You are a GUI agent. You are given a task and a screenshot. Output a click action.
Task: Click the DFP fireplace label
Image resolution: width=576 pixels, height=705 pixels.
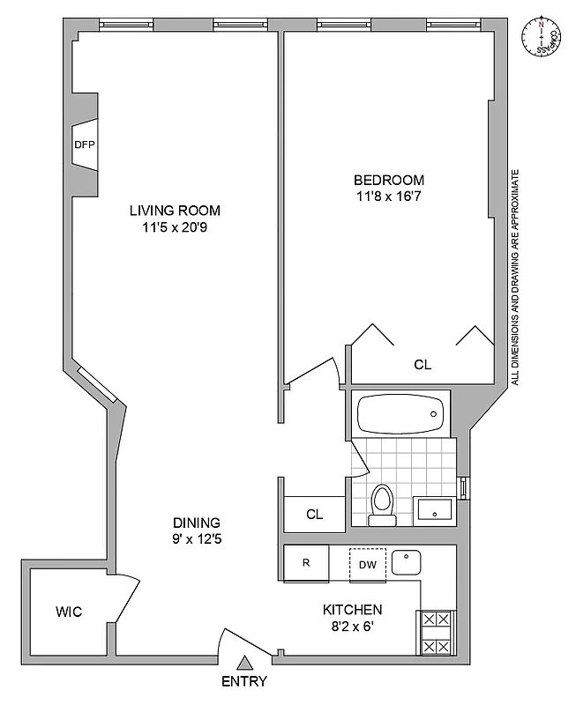click(84, 145)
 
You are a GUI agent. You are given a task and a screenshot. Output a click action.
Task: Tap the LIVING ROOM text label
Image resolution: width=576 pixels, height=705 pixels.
click(175, 211)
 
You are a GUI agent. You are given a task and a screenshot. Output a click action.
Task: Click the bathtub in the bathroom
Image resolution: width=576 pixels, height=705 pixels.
click(401, 413)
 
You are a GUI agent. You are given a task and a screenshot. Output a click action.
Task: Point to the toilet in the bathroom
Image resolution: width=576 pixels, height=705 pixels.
click(382, 505)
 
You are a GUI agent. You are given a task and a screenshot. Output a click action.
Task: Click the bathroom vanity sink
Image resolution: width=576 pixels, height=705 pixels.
click(433, 509)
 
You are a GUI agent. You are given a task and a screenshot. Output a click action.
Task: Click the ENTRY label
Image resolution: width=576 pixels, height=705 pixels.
click(244, 681)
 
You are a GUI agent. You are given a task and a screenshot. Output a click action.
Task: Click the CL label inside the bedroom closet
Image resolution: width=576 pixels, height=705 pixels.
click(423, 365)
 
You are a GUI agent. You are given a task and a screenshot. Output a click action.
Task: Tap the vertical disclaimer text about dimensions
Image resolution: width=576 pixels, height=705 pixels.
click(515, 278)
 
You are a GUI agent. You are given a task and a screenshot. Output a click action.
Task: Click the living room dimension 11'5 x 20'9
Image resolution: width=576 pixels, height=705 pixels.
click(175, 227)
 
